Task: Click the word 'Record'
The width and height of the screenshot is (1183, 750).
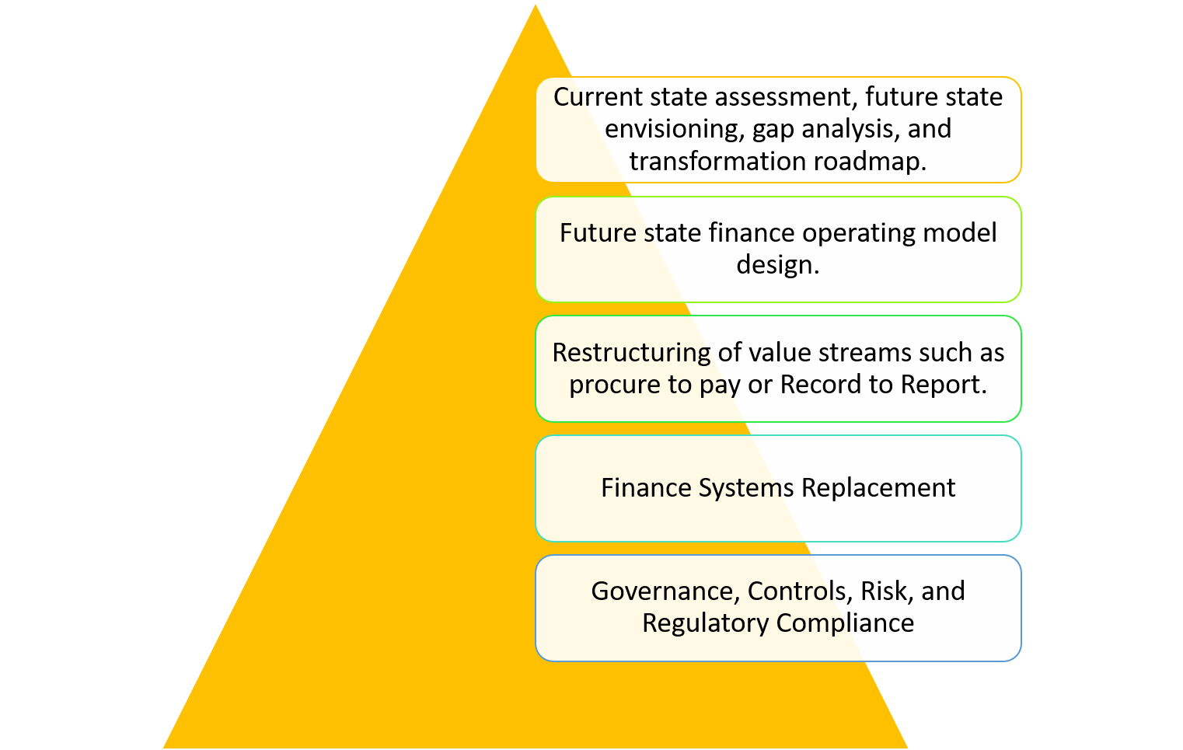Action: click(820, 385)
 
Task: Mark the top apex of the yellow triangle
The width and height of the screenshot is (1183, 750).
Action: click(535, 5)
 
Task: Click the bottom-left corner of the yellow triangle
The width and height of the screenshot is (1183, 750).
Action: click(163, 748)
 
